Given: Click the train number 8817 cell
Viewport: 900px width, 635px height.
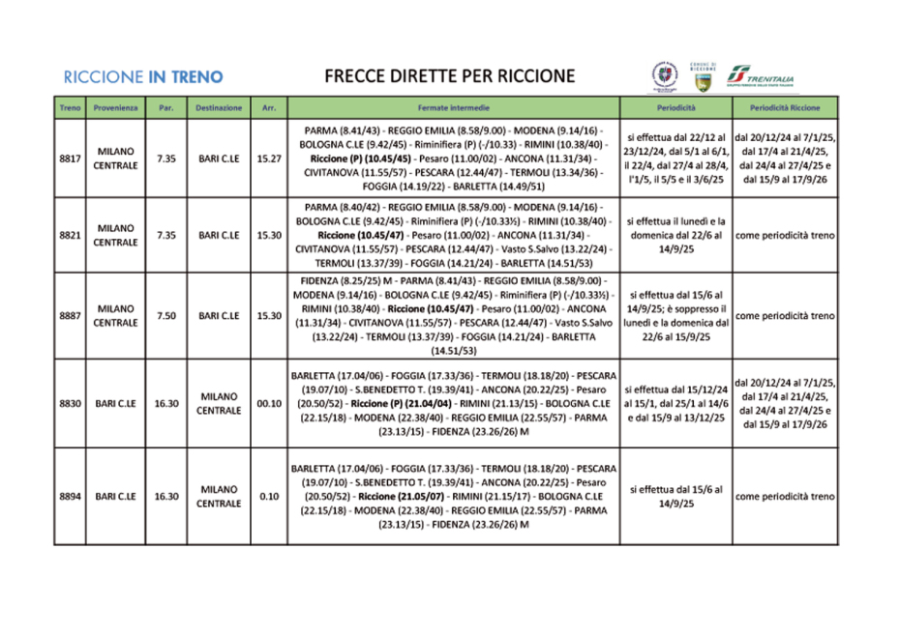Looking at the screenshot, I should tap(69, 158).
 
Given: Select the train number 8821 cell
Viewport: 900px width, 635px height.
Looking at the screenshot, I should tap(69, 235).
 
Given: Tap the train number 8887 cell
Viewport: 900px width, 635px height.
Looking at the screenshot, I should tap(69, 315).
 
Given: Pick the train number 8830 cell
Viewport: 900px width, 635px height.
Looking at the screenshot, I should tap(69, 402).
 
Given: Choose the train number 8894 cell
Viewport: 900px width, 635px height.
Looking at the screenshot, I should tap(69, 496).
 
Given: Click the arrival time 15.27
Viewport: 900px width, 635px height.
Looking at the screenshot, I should tap(269, 158).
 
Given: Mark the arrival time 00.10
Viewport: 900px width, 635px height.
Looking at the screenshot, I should tap(269, 402).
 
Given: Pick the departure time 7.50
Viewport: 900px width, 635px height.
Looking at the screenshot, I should tap(165, 315).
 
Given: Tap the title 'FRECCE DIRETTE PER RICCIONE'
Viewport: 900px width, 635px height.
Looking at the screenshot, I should tap(449, 75).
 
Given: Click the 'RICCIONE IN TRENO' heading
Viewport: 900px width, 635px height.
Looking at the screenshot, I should tap(142, 76).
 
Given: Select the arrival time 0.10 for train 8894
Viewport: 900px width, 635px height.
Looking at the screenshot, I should tap(269, 496).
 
